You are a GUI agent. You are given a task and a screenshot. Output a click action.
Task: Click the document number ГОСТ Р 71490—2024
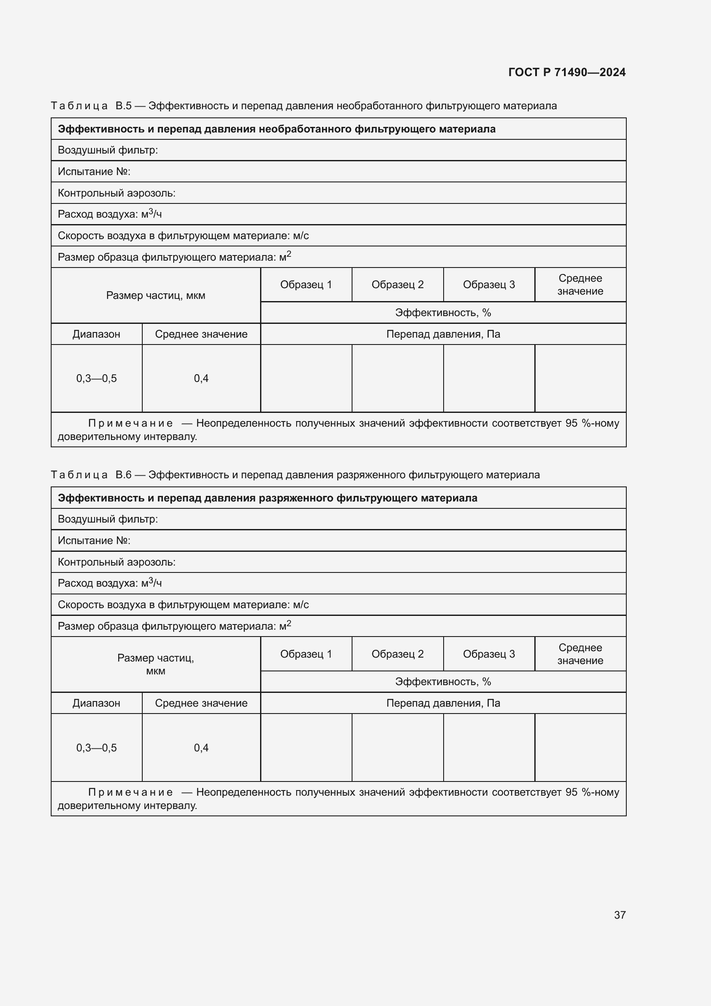(x=567, y=72)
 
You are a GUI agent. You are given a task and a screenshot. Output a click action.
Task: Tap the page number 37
(x=619, y=915)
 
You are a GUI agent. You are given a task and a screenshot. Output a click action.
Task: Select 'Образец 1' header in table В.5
(x=306, y=285)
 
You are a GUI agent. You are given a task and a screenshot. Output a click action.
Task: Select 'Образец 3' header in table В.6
(x=489, y=654)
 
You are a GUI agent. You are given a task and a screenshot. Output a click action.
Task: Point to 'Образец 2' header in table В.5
(x=397, y=285)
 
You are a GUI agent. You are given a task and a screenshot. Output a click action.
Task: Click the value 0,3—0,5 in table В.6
(x=96, y=748)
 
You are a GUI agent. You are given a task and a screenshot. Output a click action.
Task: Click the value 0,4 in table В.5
(x=201, y=378)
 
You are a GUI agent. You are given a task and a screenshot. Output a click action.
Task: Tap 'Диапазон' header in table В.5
(x=96, y=334)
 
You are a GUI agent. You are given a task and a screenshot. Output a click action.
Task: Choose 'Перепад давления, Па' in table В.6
(x=443, y=703)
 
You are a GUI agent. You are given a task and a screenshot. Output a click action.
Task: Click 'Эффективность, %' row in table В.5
(x=443, y=312)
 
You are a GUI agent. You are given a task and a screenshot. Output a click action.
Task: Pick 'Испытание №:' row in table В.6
(x=94, y=541)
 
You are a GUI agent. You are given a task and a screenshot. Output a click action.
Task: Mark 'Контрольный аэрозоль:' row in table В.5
(x=116, y=193)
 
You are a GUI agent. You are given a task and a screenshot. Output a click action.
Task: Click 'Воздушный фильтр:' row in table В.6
(x=108, y=519)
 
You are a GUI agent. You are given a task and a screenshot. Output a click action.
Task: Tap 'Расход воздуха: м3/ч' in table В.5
(x=110, y=214)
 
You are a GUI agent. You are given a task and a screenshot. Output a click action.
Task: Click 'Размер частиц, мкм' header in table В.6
(x=156, y=664)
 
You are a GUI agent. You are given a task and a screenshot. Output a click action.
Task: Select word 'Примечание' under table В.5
(x=131, y=423)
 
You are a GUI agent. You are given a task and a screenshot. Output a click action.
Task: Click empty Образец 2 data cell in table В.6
(x=397, y=748)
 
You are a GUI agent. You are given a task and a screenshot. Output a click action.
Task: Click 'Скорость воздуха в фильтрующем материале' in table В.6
(x=183, y=605)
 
